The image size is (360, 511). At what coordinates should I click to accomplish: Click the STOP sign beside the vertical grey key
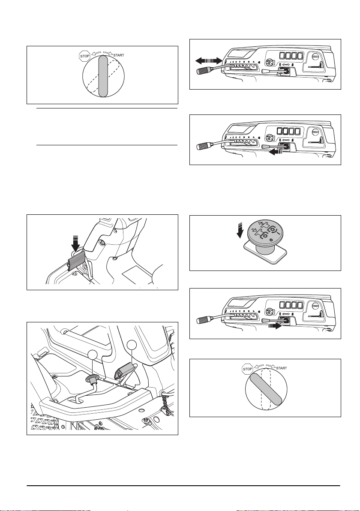click(85, 56)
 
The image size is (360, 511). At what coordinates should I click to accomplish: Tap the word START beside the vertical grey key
click(119, 55)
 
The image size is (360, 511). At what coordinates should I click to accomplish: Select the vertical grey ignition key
click(102, 75)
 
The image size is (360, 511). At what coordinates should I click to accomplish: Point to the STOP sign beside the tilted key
click(248, 369)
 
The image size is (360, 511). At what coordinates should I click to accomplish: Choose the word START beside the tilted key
click(282, 368)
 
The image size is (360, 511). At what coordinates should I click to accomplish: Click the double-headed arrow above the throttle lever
click(209, 60)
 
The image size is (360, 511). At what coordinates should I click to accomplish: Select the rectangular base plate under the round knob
click(265, 255)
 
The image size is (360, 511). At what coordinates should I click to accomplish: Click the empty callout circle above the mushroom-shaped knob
click(93, 355)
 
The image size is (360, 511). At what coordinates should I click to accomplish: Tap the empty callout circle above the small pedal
click(131, 345)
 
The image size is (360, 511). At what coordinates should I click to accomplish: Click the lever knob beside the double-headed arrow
click(203, 71)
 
